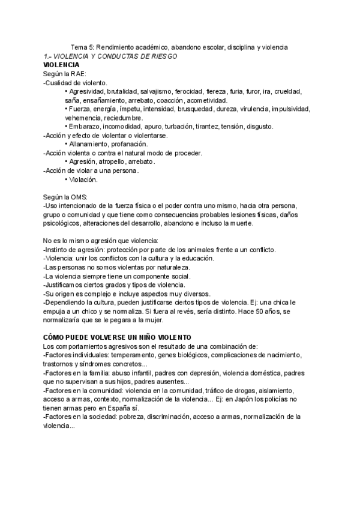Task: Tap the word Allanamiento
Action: click(89, 144)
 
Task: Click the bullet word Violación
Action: click(83, 179)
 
